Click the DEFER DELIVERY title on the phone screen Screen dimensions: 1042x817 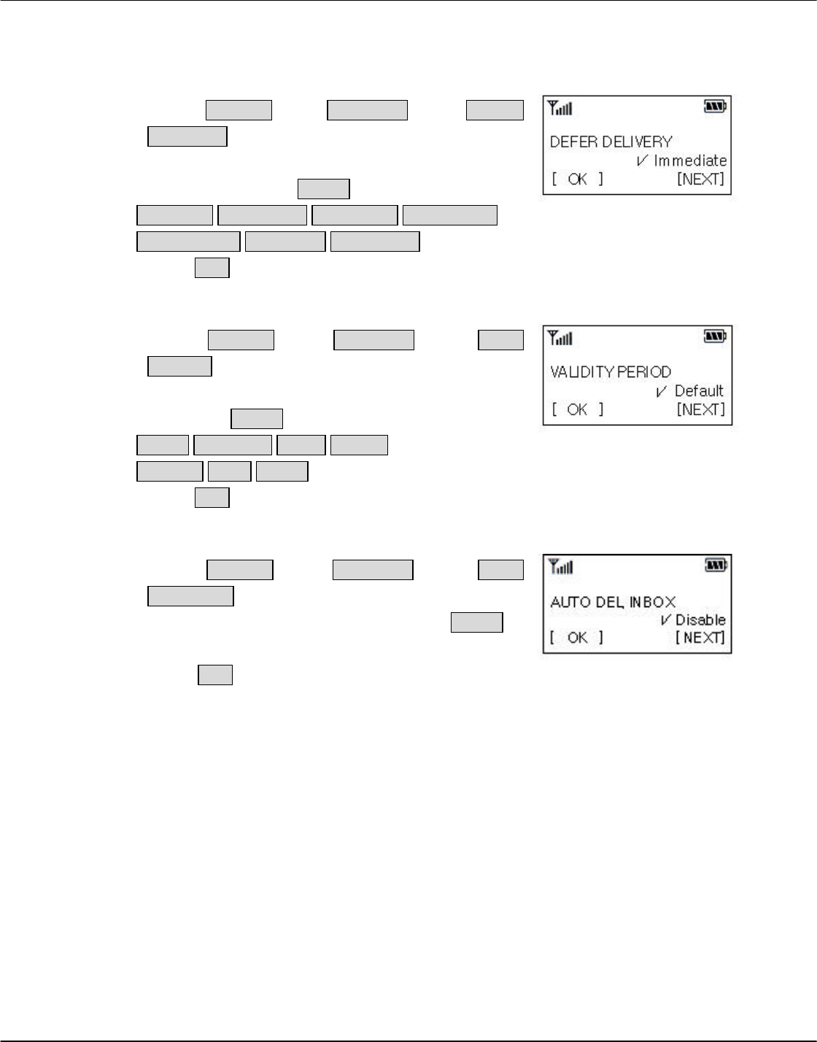(611, 142)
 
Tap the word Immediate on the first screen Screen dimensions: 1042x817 (690, 161)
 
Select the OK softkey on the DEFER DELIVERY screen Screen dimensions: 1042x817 (577, 179)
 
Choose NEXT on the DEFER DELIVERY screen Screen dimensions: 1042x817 (700, 179)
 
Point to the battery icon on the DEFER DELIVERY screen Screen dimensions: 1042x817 (715, 108)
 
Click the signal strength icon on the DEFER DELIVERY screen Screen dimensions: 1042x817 (560, 109)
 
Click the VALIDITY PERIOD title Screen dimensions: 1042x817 (610, 371)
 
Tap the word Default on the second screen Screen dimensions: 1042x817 (699, 390)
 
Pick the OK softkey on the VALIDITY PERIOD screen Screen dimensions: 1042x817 (577, 409)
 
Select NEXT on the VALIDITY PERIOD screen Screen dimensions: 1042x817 (700, 409)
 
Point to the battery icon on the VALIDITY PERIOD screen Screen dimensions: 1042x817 (715, 336)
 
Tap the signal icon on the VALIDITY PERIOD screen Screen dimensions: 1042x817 (560, 338)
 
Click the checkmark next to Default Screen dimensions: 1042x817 (661, 391)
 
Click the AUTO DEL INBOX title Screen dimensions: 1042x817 (613, 602)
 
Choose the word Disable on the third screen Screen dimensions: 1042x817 (700, 620)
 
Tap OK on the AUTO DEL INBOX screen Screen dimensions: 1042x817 (577, 638)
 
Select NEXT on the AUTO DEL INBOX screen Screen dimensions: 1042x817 (700, 638)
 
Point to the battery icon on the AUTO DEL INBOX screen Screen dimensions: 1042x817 (715, 565)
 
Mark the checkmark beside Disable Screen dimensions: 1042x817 (666, 620)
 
